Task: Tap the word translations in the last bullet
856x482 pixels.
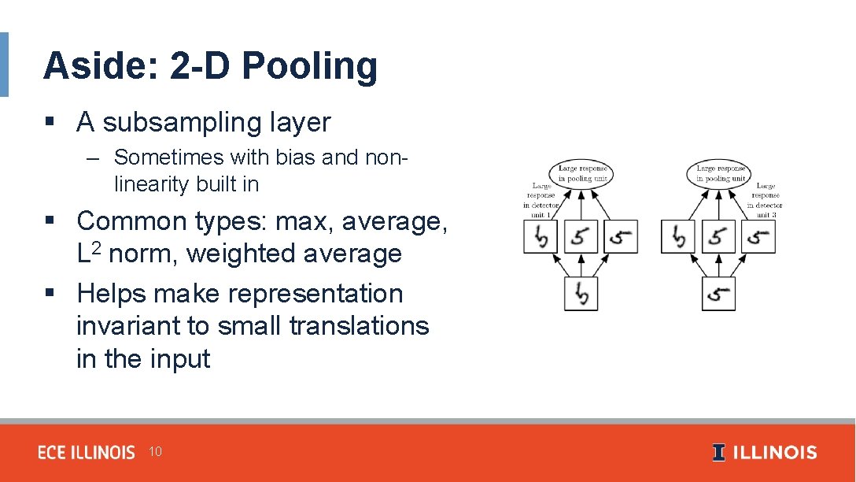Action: click(359, 325)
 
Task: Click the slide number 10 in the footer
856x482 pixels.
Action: click(155, 451)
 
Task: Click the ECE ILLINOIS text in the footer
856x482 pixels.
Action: click(87, 452)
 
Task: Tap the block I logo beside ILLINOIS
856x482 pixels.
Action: click(719, 452)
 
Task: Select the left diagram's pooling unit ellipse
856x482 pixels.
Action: click(582, 173)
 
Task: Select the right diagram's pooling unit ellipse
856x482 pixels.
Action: click(719, 173)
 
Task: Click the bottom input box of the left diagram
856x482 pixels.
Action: click(581, 294)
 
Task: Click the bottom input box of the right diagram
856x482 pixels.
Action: click(718, 294)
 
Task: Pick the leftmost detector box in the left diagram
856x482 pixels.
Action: click(541, 236)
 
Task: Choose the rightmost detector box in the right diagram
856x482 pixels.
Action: click(758, 236)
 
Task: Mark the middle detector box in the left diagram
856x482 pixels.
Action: click(581, 236)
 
